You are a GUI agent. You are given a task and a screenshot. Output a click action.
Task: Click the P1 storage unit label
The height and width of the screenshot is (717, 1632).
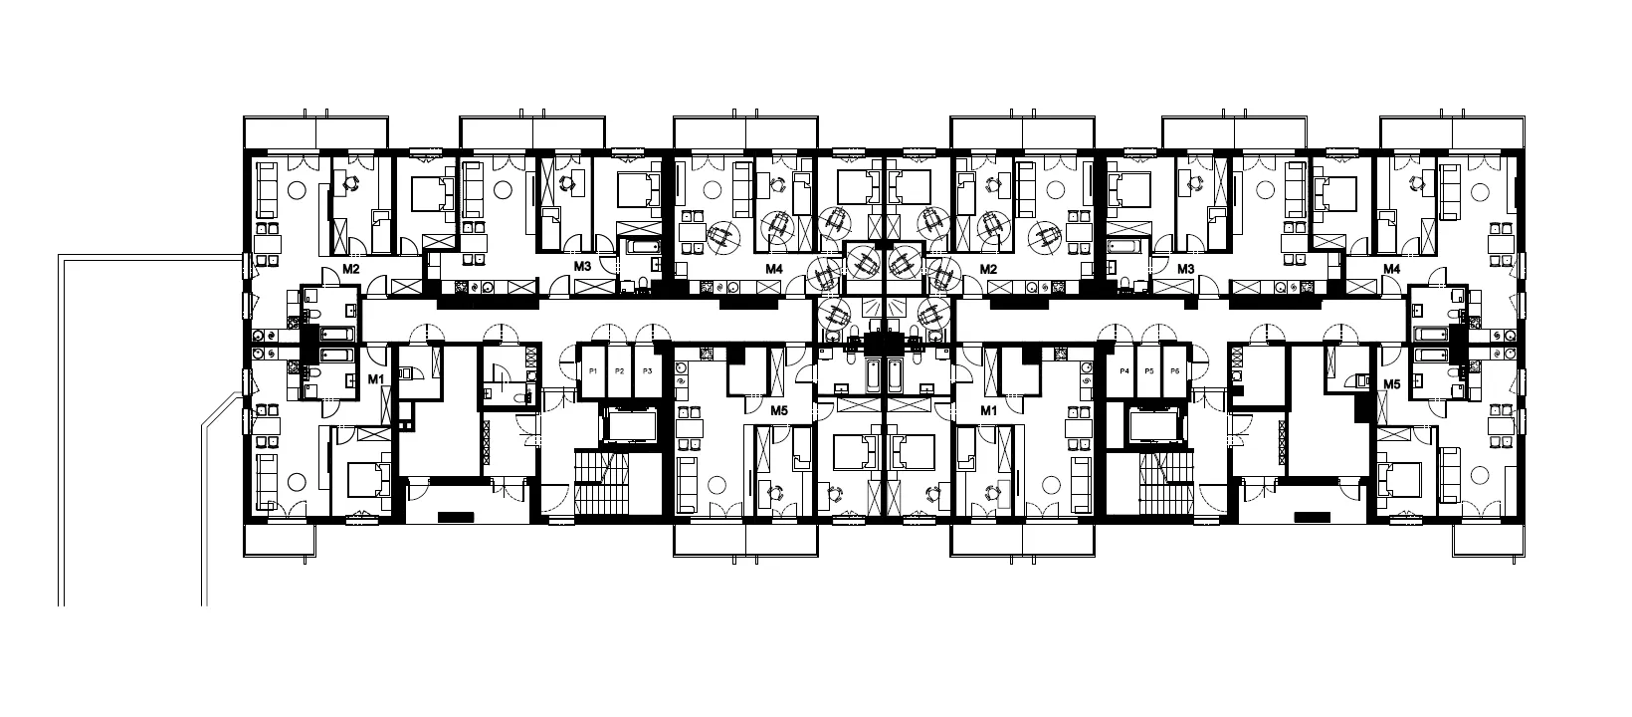tap(593, 371)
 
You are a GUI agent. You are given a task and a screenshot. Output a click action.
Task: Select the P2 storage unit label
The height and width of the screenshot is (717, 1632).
tap(619, 371)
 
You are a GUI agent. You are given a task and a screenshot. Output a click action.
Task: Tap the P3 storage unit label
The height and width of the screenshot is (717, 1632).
tap(647, 371)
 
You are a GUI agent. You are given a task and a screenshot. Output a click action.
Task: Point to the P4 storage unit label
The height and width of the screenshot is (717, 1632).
tap(1124, 371)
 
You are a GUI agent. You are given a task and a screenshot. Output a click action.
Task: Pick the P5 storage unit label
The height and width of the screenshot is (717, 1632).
tap(1149, 371)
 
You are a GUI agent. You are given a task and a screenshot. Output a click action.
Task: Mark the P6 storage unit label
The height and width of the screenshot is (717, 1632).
tap(1174, 371)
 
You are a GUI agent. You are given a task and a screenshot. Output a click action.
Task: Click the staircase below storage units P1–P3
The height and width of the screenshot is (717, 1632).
tap(602, 483)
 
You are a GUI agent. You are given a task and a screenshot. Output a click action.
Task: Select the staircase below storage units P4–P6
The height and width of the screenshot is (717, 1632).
tap(1167, 483)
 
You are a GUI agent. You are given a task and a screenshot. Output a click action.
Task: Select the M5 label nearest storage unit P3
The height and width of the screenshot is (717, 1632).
tap(779, 410)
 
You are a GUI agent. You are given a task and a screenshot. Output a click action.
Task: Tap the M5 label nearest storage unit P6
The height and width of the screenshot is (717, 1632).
tap(1392, 384)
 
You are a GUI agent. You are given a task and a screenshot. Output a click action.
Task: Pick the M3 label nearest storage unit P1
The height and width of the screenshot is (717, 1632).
tap(582, 266)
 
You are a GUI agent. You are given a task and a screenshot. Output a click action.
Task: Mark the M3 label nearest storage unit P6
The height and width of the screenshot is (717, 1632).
tap(1186, 269)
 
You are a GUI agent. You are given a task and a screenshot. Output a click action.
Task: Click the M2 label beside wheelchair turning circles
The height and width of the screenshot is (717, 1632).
tap(988, 269)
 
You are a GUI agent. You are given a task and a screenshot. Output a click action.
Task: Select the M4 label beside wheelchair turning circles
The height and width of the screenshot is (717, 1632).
tap(774, 269)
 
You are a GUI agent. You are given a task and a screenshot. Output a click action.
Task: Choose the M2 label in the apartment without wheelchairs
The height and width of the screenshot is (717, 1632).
tap(351, 269)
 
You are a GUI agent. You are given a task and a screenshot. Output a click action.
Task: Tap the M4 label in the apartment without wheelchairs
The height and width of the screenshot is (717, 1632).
tap(1392, 269)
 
